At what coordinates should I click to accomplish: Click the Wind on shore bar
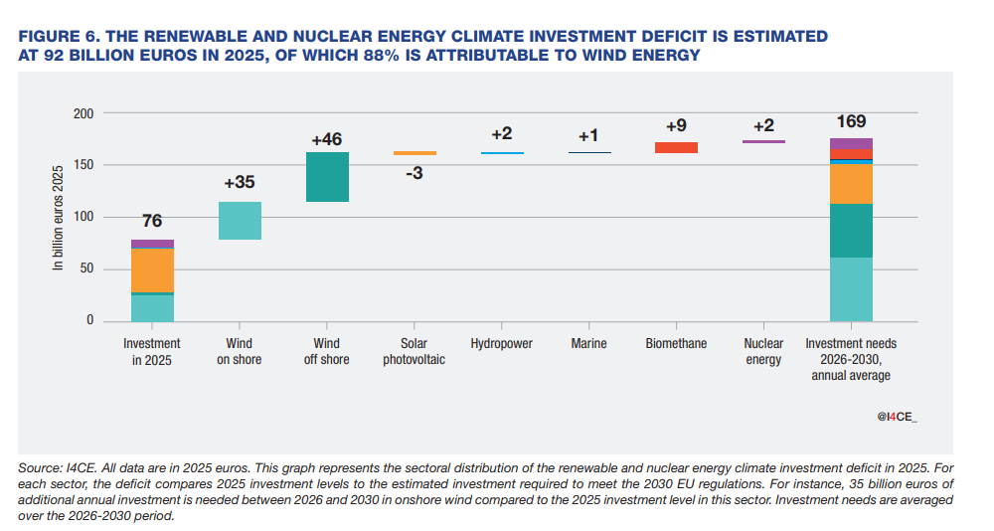click(x=240, y=221)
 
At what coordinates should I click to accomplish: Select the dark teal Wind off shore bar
click(x=327, y=177)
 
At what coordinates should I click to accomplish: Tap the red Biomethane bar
click(x=676, y=147)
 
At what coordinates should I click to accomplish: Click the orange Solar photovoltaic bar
click(x=414, y=153)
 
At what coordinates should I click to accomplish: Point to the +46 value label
click(x=326, y=139)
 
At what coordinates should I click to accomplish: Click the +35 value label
click(x=240, y=182)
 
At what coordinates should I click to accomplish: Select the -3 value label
click(x=414, y=173)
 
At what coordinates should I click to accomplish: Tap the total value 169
click(x=851, y=121)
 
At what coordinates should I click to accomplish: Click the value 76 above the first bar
click(x=152, y=220)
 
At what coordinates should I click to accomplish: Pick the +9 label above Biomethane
click(x=676, y=125)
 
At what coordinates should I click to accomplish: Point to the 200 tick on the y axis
click(x=83, y=113)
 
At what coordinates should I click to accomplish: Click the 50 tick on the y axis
click(x=86, y=268)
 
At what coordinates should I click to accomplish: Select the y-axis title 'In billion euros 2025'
click(x=58, y=218)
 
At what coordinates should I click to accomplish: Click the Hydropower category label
click(x=501, y=343)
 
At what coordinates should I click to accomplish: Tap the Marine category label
click(x=588, y=343)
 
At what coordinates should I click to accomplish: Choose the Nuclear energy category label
click(x=763, y=351)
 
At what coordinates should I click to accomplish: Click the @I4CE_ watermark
click(x=897, y=417)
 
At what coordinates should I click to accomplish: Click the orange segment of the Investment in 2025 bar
click(x=152, y=270)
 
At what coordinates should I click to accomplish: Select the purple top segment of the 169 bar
click(x=851, y=144)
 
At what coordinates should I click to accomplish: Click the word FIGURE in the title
click(x=49, y=36)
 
